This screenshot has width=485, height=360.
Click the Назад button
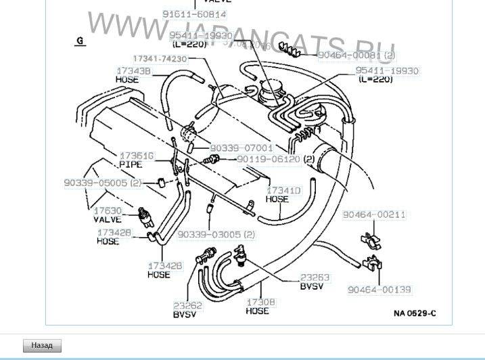click(42, 345)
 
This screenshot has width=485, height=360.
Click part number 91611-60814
click(194, 14)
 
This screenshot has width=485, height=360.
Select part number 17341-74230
click(160, 59)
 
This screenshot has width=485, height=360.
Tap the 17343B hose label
click(134, 70)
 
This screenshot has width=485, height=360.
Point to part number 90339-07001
click(241, 148)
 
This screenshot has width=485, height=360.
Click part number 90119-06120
click(268, 159)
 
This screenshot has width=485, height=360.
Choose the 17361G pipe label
click(137, 156)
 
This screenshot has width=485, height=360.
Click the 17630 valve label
click(107, 211)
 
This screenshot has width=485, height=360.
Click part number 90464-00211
click(373, 215)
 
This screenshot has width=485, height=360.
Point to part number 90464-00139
click(379, 290)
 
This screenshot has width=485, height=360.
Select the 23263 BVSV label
click(315, 277)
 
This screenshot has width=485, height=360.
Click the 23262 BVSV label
click(187, 305)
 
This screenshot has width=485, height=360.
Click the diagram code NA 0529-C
click(414, 313)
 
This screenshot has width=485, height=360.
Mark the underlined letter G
click(80, 41)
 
